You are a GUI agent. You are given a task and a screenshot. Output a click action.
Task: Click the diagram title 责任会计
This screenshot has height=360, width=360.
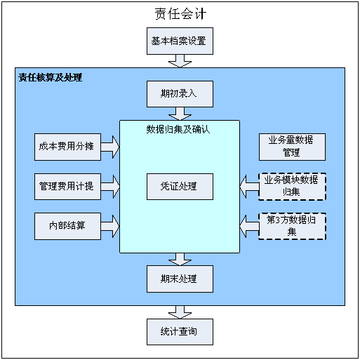[180, 14]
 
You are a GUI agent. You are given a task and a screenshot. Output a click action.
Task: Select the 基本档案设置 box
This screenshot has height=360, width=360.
[180, 41]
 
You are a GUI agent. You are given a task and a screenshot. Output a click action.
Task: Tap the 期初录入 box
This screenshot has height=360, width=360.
[180, 94]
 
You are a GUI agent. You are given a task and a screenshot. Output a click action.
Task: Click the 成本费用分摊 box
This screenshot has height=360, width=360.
[67, 147]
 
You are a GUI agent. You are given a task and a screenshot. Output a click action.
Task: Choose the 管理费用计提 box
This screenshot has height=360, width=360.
[67, 187]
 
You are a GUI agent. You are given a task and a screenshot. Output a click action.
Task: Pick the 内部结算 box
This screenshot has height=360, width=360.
[67, 226]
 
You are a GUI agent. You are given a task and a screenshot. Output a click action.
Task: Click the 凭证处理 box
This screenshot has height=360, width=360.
[180, 187]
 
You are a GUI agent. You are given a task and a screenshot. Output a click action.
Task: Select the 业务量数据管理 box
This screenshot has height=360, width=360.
[292, 147]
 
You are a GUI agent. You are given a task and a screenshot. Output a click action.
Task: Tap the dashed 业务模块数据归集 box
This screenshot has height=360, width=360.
[292, 187]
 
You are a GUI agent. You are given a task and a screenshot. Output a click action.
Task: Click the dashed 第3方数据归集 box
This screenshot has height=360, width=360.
[292, 226]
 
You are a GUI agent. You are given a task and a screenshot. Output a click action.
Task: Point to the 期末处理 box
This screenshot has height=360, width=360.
[180, 279]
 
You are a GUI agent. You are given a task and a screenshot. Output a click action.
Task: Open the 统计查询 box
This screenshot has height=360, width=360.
[180, 332]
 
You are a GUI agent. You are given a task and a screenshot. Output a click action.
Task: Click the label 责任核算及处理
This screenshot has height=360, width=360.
[51, 77]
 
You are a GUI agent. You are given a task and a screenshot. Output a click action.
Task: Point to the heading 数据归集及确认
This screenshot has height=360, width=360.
[178, 129]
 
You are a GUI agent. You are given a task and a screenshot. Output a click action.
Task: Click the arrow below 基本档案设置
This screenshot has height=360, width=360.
[180, 61]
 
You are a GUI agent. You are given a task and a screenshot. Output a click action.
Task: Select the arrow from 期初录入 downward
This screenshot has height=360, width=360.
[180, 114]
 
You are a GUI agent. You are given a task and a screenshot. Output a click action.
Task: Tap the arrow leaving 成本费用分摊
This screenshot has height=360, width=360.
[110, 147]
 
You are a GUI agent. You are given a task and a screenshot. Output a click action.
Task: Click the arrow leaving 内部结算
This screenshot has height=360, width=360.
[110, 226]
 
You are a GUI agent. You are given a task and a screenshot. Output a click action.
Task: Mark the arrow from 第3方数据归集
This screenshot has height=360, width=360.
[249, 226]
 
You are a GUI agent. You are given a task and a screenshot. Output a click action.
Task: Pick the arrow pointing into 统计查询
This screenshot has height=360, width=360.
[180, 312]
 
